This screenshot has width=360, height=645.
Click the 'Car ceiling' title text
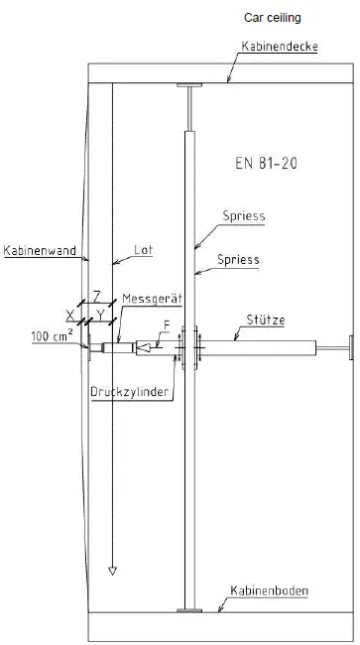pos(274,17)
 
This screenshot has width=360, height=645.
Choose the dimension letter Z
pos(95,296)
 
